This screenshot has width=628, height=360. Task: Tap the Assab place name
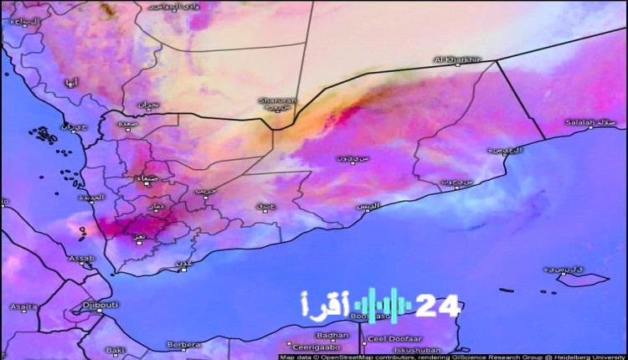coord(81,259)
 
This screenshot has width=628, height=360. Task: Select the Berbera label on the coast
coord(183,344)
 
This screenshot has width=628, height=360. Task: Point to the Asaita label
coord(23,307)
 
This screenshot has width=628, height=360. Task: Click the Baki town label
coord(116,349)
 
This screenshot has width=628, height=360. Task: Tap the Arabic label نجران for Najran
coord(147,105)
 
